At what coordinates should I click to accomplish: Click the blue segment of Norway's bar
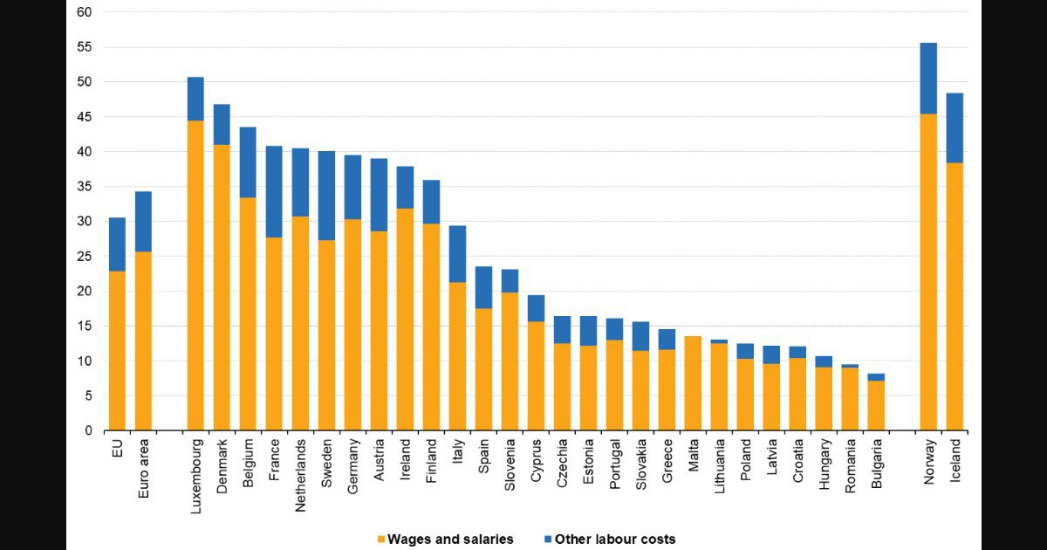point(928,79)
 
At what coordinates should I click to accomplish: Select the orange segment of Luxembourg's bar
point(195,276)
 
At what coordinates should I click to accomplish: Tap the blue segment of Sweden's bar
point(326,196)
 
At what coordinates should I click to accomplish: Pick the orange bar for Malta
point(693,383)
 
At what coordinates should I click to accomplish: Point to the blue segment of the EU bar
point(117,244)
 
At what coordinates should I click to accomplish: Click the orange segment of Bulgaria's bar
point(876,405)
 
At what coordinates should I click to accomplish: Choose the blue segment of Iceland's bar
point(955,127)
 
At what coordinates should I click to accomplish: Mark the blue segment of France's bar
point(274,192)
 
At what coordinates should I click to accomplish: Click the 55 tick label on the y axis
point(84,47)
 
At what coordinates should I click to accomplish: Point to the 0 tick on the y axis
point(88,430)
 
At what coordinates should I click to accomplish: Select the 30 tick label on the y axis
point(84,221)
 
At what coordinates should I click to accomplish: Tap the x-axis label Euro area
point(143,468)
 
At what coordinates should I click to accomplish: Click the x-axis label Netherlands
point(300,475)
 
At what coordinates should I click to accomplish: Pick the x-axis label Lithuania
point(719,466)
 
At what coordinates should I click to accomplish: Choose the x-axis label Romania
point(850,466)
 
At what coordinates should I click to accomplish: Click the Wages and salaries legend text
point(450,540)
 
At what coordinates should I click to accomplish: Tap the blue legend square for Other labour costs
point(548,540)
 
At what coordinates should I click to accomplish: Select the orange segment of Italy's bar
point(457,356)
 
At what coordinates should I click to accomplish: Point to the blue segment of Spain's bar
point(483,287)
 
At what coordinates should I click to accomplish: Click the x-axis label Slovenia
point(510,464)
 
